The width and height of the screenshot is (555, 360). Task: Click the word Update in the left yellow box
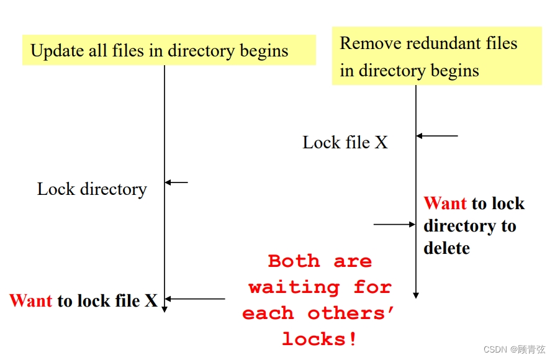tap(56, 51)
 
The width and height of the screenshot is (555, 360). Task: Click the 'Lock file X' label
tap(345, 143)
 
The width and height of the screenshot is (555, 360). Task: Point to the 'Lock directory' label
tap(92, 189)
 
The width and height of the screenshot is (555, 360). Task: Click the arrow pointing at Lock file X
tap(437, 135)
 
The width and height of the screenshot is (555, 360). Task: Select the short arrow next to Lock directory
tap(176, 182)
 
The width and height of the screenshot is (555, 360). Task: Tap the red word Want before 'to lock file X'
tap(31, 301)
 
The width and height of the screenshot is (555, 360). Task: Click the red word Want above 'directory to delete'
tap(445, 204)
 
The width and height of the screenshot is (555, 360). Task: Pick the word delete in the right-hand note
tap(446, 248)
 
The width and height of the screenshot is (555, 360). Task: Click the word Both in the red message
tap(294, 261)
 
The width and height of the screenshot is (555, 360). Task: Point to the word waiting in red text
tap(294, 287)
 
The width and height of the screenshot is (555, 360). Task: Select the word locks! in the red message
tap(320, 339)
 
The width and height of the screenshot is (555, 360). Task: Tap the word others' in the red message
tap(351, 313)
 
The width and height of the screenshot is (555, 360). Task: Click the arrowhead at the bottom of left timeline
tap(165, 308)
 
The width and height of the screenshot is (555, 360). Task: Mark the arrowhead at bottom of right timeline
tap(416, 295)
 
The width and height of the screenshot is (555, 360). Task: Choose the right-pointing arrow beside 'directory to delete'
tap(395, 224)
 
